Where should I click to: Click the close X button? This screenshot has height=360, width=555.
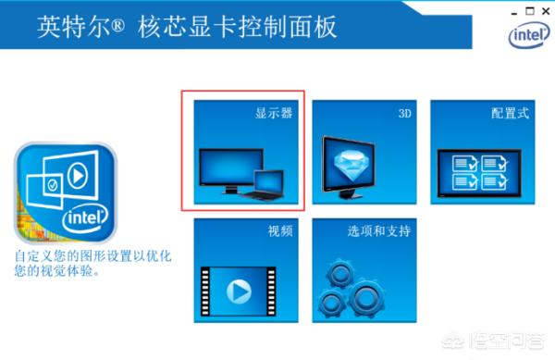(x=546, y=11)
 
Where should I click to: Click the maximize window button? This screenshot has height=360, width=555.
(x=530, y=11)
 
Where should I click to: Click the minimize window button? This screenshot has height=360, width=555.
(x=514, y=14)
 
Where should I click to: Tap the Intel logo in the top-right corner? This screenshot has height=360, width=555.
(x=529, y=34)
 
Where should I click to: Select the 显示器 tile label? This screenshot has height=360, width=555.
(x=274, y=113)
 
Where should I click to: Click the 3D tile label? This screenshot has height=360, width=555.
(x=405, y=113)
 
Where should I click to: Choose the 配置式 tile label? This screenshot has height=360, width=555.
(x=510, y=113)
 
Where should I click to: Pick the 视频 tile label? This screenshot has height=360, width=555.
(x=280, y=231)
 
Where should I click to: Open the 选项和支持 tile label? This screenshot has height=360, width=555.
(x=379, y=231)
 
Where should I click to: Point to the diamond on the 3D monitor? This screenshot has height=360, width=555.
(x=351, y=163)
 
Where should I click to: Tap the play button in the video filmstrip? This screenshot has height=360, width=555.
(x=239, y=292)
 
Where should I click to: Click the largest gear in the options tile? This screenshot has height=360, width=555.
(x=366, y=298)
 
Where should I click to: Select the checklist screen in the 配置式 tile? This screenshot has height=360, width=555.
(x=479, y=173)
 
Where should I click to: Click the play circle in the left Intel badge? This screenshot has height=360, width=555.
(x=78, y=175)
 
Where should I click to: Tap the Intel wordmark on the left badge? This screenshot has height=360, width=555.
(x=86, y=217)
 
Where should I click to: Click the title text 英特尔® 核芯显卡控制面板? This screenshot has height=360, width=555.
(x=187, y=27)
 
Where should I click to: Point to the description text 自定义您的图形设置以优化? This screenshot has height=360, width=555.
(x=92, y=256)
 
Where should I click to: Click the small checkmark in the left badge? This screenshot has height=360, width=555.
(x=53, y=185)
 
